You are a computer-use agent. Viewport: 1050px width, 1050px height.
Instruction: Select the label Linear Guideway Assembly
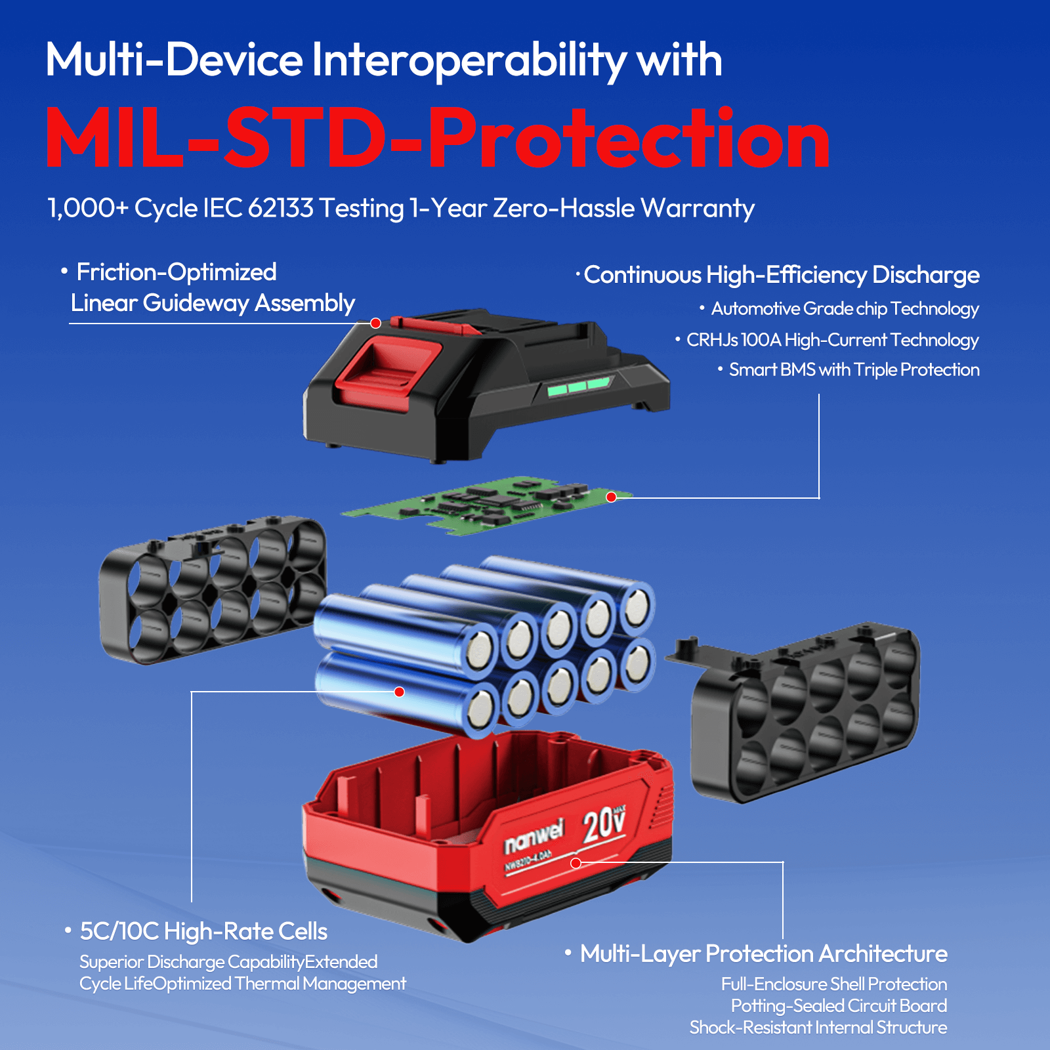point(213,303)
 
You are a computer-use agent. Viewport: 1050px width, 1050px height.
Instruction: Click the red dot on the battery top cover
point(375,323)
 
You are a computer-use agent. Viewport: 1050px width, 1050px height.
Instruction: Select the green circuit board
point(487,505)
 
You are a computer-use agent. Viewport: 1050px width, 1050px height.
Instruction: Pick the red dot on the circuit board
point(611,497)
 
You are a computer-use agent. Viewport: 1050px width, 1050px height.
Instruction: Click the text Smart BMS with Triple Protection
point(854,370)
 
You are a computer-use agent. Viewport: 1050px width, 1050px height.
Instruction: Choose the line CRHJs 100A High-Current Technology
point(832,340)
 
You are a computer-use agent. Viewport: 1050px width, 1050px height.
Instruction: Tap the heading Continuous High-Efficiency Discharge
point(782,275)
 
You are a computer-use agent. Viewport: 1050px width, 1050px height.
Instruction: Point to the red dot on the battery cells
point(399,692)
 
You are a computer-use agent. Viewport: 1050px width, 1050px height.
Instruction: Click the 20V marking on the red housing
point(604,824)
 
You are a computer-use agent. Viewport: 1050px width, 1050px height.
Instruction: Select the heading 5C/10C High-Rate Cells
point(203,931)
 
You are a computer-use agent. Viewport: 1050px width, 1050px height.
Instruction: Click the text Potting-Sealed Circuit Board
point(839,1005)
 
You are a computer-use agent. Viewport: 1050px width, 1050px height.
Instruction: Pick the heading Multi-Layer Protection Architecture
point(764,954)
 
